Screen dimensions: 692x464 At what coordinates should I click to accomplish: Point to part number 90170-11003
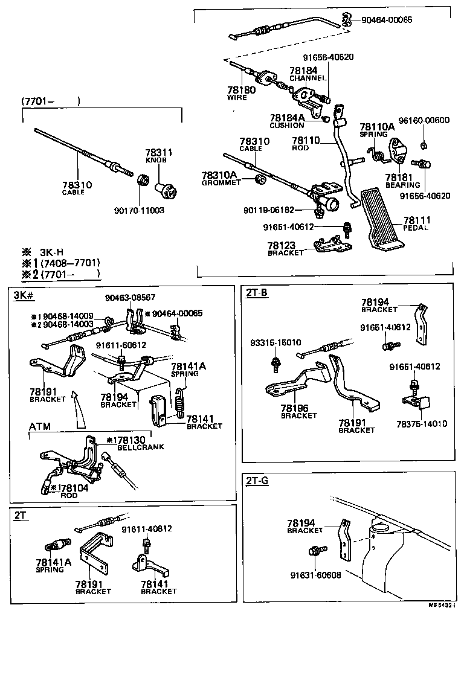click(139, 211)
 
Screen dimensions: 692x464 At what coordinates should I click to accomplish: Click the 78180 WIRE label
click(242, 93)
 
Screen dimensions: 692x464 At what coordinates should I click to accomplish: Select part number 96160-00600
click(424, 120)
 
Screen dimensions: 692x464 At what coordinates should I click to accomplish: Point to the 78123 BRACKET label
click(286, 249)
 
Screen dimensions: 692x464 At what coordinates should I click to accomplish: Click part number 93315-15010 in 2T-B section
click(275, 342)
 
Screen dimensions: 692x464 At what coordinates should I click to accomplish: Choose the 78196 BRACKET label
click(298, 412)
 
